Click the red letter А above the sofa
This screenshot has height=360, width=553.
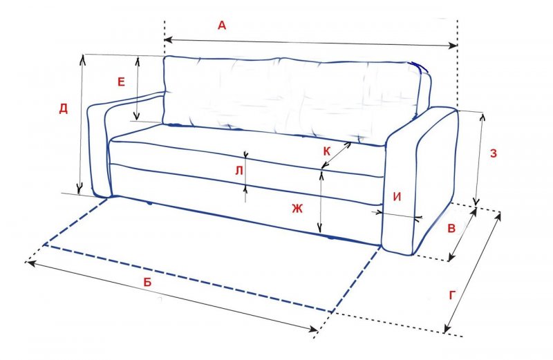(x=222, y=26)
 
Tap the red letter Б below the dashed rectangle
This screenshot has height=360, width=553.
(x=147, y=282)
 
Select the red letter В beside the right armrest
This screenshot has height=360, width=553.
(x=451, y=229)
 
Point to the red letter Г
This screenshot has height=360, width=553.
(x=453, y=296)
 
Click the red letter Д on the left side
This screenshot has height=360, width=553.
(x=63, y=108)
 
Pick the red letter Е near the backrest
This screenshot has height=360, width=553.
(x=121, y=82)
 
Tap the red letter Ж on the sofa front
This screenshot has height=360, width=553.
(x=297, y=209)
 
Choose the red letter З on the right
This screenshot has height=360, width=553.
(x=494, y=153)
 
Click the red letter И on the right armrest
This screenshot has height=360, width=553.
(x=397, y=197)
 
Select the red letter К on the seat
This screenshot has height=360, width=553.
(x=326, y=151)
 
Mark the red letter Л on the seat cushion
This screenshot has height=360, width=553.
(x=239, y=171)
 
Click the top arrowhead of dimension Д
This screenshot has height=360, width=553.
(x=83, y=59)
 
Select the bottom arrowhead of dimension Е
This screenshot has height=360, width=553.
(x=137, y=115)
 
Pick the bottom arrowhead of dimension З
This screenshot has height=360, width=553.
(x=476, y=201)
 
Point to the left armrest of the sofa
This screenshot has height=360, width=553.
(x=106, y=141)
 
